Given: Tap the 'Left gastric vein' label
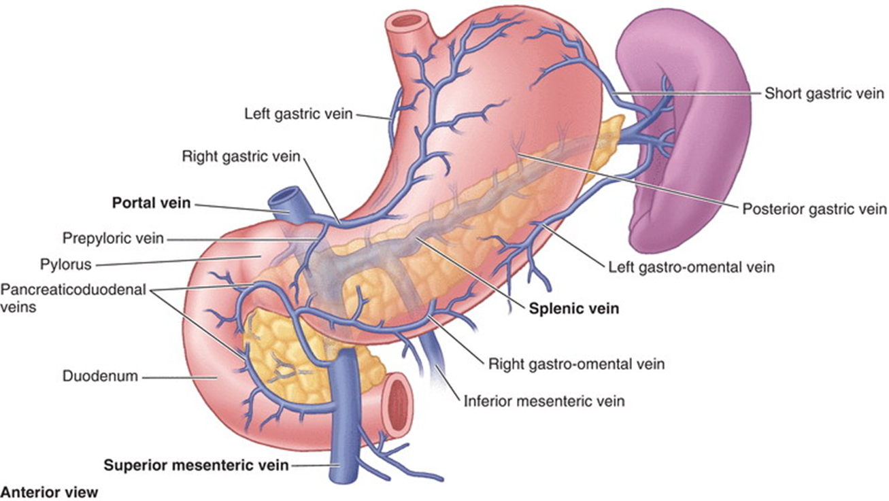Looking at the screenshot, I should point(299,114).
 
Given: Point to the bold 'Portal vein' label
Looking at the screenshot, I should point(151,202).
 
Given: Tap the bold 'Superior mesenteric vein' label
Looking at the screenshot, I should point(196,466).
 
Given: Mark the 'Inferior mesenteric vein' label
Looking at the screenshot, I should point(543,400).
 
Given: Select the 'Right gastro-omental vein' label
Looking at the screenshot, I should point(576,364).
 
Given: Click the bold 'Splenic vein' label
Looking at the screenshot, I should point(574,309).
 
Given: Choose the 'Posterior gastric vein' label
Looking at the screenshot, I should point(813,208).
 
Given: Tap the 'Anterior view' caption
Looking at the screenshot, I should point(51,491).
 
